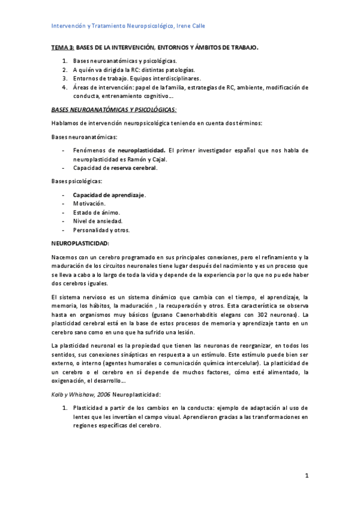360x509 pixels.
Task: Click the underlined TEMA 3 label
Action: point(62,47)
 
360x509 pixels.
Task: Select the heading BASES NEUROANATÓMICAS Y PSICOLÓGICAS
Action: point(114,110)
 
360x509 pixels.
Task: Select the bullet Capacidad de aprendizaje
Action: point(109,195)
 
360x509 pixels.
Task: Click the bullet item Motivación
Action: point(89,204)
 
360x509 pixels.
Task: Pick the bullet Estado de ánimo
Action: point(96,212)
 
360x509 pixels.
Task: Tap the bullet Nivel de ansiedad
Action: point(97,221)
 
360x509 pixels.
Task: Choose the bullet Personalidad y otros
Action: point(101,230)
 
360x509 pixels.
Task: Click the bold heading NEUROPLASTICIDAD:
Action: point(80,243)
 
